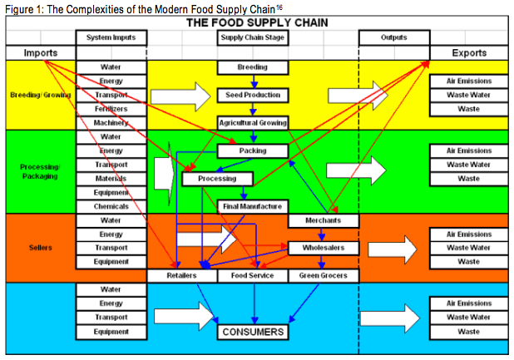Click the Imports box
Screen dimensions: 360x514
(40, 52)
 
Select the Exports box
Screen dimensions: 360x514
(468, 52)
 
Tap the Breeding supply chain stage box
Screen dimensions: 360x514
(253, 67)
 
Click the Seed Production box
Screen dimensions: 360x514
(253, 95)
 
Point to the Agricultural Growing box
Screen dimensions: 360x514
(253, 122)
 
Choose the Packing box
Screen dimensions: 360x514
(253, 150)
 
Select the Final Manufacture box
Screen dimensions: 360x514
(253, 205)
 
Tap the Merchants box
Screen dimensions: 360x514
(324, 220)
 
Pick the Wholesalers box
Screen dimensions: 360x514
(324, 248)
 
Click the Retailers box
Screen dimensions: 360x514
(181, 275)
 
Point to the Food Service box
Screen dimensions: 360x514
(253, 275)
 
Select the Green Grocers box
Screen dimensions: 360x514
(324, 275)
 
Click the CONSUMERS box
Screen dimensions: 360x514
(253, 332)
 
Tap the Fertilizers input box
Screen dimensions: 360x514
(111, 109)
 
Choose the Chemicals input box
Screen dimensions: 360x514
(111, 205)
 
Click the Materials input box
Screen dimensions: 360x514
(111, 178)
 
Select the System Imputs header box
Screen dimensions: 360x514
(111, 37)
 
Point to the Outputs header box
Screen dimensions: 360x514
(394, 37)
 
